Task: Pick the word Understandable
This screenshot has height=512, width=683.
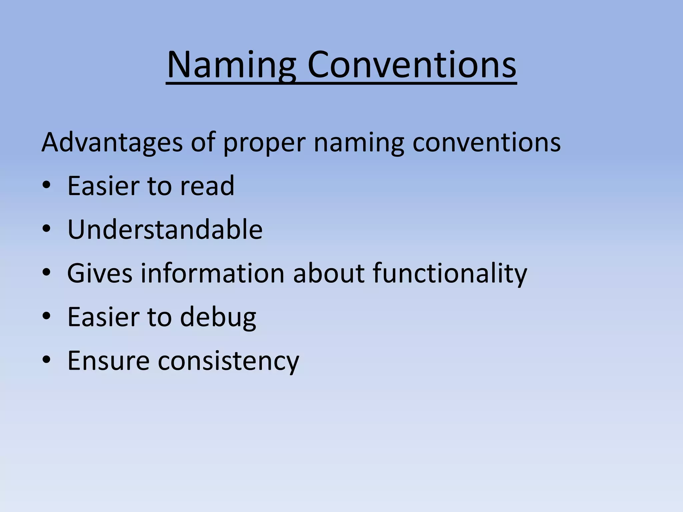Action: (x=165, y=229)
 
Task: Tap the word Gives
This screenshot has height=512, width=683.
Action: (x=100, y=273)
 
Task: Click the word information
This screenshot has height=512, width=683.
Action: (x=212, y=273)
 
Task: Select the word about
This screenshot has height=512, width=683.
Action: (x=328, y=273)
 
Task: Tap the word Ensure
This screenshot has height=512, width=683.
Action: (x=108, y=361)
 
